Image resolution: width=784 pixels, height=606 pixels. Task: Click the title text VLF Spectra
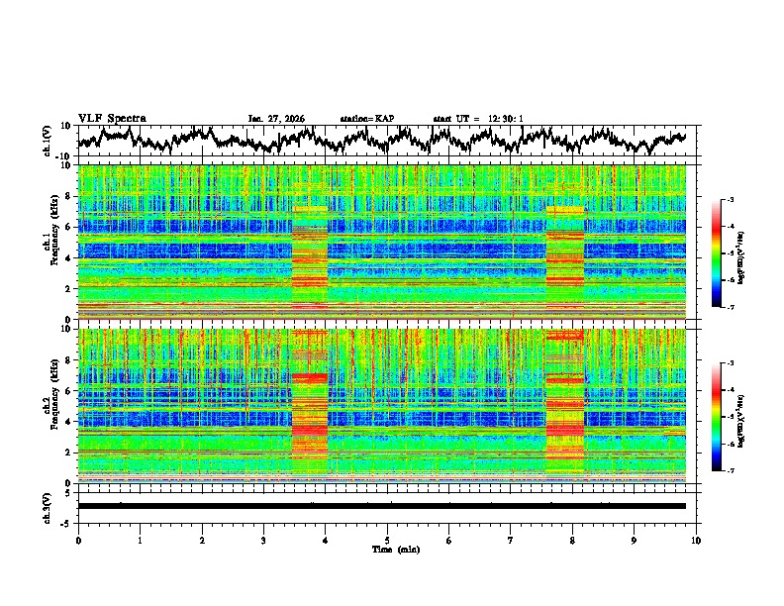click(x=112, y=118)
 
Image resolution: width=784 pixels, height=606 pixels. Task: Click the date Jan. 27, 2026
click(x=276, y=119)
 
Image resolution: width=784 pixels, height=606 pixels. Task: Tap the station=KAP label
click(x=366, y=119)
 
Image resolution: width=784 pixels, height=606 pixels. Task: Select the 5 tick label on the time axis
click(x=387, y=540)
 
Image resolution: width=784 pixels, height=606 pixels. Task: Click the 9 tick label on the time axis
click(x=635, y=540)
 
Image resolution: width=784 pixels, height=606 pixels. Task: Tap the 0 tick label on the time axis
click(x=78, y=540)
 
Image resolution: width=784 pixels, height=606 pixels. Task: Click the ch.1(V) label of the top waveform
click(x=48, y=142)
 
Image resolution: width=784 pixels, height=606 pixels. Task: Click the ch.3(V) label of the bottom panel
click(x=48, y=505)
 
